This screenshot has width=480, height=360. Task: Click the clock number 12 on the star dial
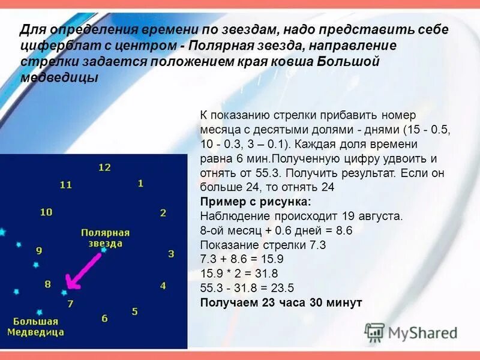coord(104,167)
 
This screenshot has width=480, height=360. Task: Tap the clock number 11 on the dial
coord(66,185)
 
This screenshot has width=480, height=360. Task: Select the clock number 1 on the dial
coord(140,183)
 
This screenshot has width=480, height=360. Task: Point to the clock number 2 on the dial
coord(163,212)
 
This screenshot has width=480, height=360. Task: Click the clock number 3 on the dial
coord(171,254)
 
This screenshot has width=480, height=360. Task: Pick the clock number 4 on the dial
coord(163,286)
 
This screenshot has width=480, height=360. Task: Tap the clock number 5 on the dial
coord(135,311)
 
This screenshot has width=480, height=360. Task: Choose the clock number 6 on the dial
coord(104,319)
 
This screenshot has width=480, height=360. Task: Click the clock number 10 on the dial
coord(46,212)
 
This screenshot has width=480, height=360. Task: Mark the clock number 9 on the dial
coord(39,251)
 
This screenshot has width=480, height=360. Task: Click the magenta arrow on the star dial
coord(83,269)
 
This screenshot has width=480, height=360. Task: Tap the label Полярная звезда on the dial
coord(102,238)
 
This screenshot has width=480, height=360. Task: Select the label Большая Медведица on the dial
coord(36,326)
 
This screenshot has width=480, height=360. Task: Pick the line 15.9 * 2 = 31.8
coord(239,274)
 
